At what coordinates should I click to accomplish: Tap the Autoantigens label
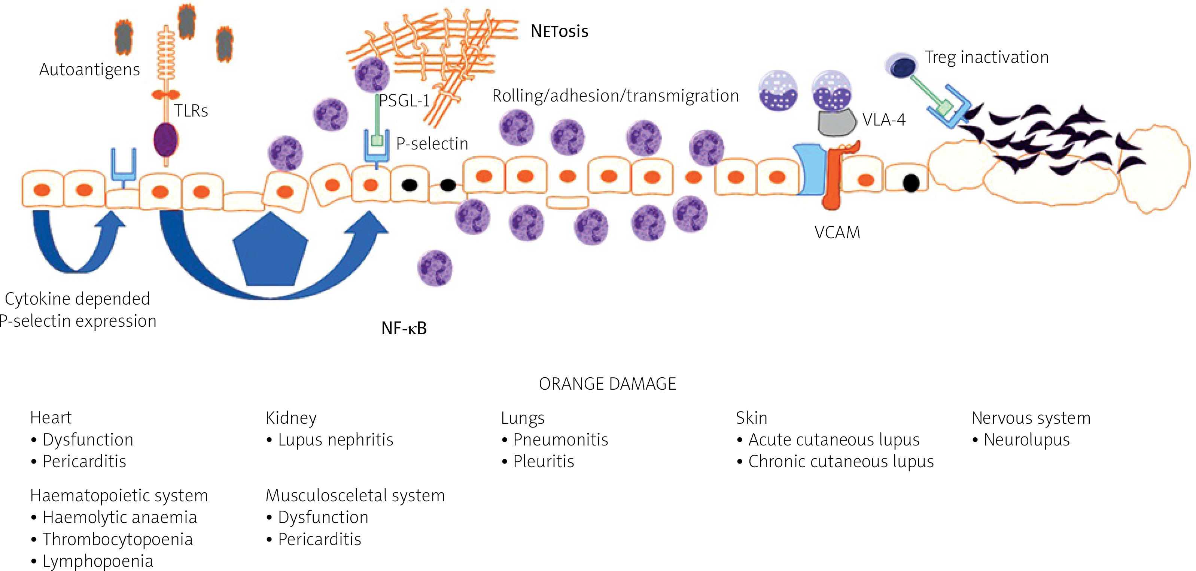pos(89,70)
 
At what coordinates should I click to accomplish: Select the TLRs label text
pos(191,111)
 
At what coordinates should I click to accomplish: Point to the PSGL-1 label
pos(404,101)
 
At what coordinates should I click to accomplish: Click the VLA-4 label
pos(883,120)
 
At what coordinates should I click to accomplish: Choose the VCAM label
pos(837,232)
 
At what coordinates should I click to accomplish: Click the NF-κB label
pos(404,329)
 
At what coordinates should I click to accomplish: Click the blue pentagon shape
pos(270,251)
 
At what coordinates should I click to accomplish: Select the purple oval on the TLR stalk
pos(165,139)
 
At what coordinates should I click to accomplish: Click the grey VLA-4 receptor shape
pos(836,122)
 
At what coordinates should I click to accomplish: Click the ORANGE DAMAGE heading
pos(607,384)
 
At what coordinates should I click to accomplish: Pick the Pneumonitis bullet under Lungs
pos(560,440)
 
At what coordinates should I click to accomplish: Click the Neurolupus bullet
pos(1026,440)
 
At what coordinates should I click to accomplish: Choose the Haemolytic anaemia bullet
pos(119,517)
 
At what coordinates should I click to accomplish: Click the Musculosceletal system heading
pos(355,496)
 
